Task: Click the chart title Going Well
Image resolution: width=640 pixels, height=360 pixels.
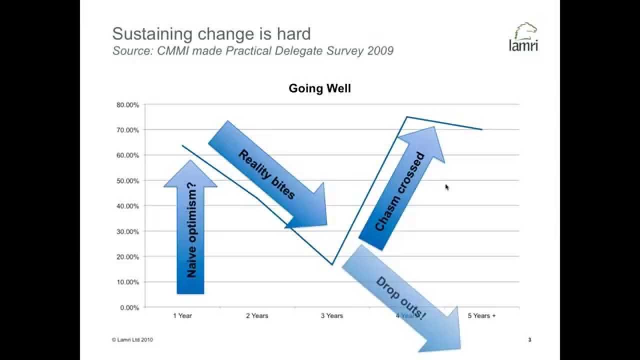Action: point(319,88)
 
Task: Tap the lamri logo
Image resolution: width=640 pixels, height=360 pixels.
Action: point(523,37)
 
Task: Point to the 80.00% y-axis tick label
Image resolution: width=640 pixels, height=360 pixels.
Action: point(128,105)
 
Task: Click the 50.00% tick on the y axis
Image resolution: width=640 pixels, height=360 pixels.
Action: point(128,180)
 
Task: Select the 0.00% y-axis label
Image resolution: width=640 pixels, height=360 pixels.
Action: point(129,307)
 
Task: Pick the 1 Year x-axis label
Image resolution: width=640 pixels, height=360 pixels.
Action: point(182,316)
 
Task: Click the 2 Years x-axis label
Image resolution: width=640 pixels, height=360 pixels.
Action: point(257,316)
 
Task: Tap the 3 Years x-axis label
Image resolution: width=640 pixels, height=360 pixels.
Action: point(332,316)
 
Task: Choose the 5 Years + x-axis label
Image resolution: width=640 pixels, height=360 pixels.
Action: point(481,316)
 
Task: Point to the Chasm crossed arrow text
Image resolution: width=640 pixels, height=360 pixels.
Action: point(400,192)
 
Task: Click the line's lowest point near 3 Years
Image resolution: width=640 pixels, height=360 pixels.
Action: point(332,264)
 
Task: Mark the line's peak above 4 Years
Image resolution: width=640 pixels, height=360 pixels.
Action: point(407,117)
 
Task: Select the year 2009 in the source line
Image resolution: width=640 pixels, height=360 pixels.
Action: point(379,50)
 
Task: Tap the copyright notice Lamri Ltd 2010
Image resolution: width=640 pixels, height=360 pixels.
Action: point(132,340)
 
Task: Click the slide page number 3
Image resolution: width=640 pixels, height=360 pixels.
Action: point(529,340)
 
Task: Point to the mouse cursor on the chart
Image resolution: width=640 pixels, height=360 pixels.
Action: point(446,186)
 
